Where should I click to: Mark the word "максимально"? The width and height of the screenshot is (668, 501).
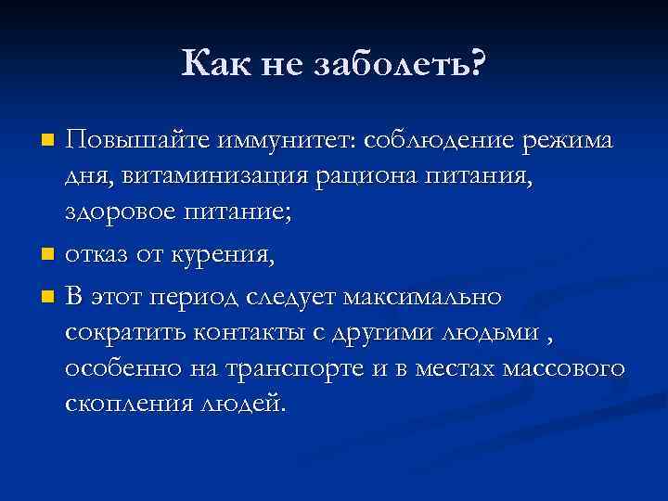(x=422, y=298)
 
